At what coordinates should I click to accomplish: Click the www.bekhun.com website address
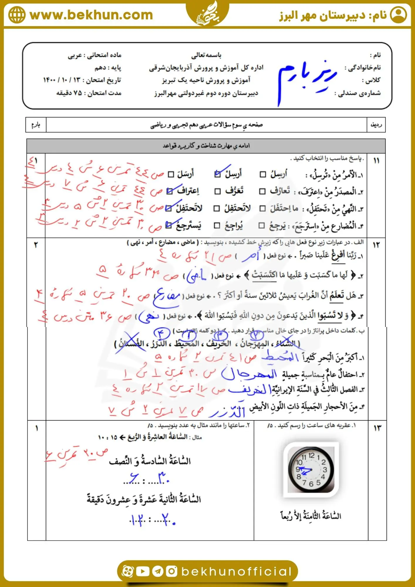click(x=91, y=15)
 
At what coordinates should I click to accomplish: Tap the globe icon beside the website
click(x=17, y=15)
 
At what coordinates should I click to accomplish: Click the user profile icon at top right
click(x=398, y=15)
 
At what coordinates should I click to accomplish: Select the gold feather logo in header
click(x=207, y=13)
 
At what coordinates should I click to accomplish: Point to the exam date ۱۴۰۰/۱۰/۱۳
click(x=61, y=80)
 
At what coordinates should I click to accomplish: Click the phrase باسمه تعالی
click(x=206, y=55)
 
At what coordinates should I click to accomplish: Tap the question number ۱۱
click(x=376, y=161)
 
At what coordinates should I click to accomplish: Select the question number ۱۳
click(x=377, y=428)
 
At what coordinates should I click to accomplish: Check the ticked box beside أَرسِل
click(x=217, y=174)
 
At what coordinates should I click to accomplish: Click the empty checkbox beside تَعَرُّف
click(x=217, y=191)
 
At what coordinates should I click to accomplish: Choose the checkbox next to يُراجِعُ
click(x=217, y=225)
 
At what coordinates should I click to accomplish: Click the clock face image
click(x=311, y=470)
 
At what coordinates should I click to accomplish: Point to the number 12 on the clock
click(x=311, y=455)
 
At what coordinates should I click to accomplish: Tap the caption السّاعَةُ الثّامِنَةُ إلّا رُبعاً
click(x=311, y=516)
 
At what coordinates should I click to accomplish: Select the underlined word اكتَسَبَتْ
click(x=264, y=275)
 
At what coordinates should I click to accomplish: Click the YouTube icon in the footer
click(x=143, y=571)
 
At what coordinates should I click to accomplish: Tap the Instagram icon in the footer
click(x=171, y=571)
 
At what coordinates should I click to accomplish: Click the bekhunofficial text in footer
click(x=237, y=571)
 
